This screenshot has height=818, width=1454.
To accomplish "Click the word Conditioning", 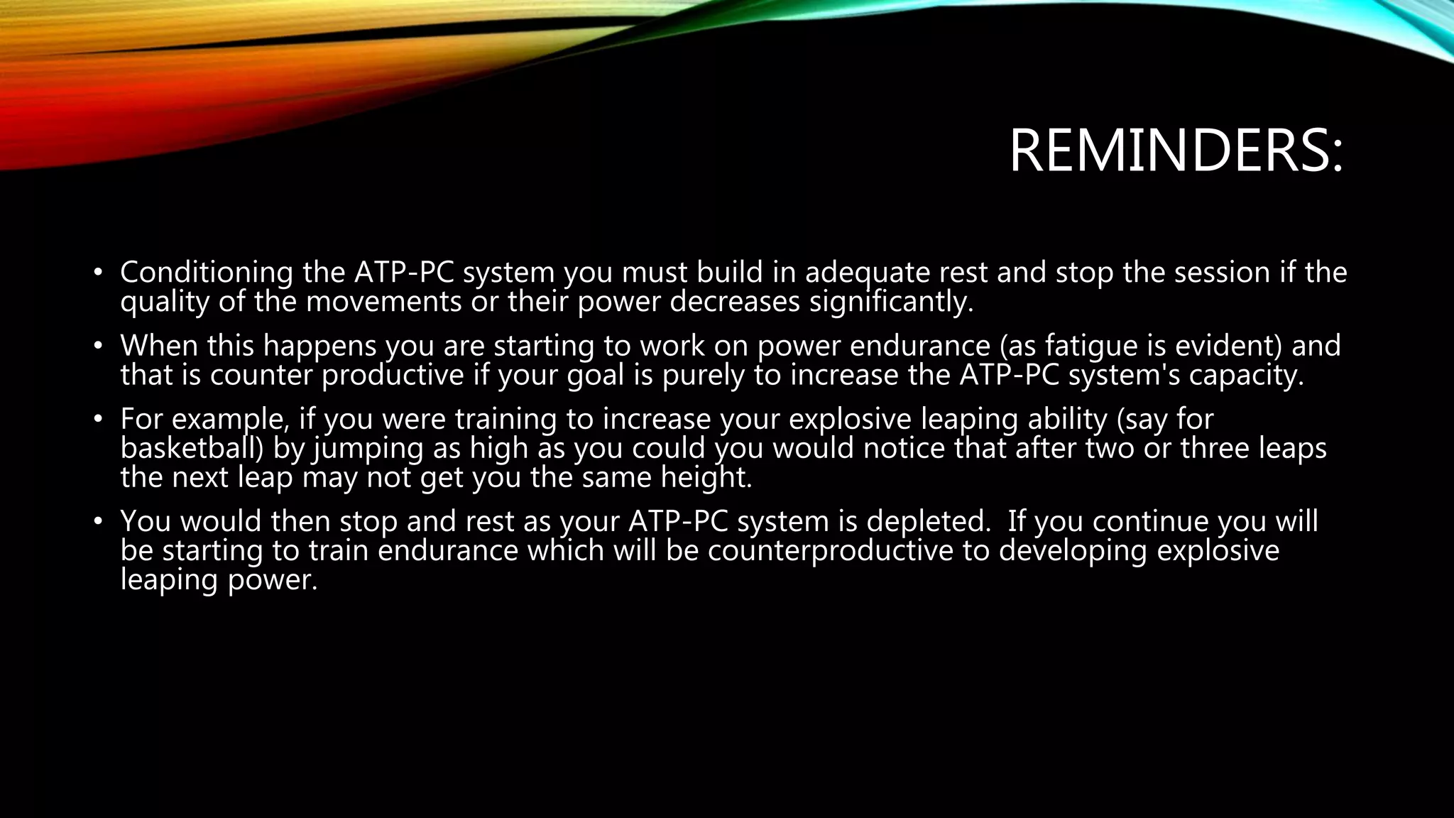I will point(207,273).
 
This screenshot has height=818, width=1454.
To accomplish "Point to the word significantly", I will point(891,302).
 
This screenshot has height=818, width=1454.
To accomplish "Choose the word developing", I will point(1073,551).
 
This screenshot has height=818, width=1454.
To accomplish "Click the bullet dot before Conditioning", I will point(99,273).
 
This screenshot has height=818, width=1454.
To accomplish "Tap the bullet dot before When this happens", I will point(99,347).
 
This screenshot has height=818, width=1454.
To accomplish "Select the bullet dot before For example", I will point(99,420).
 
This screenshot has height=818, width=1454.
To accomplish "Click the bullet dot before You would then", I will point(99,522).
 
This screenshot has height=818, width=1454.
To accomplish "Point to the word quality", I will point(165,302).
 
